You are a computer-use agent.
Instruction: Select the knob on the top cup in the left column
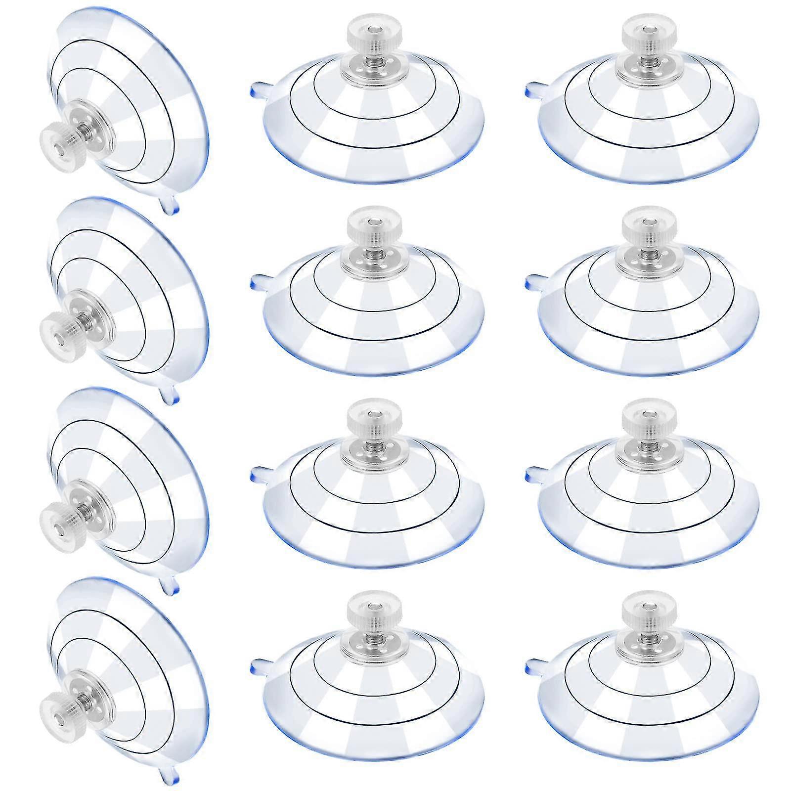[x=56, y=138]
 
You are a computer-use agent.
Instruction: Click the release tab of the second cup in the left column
[x=171, y=397]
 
